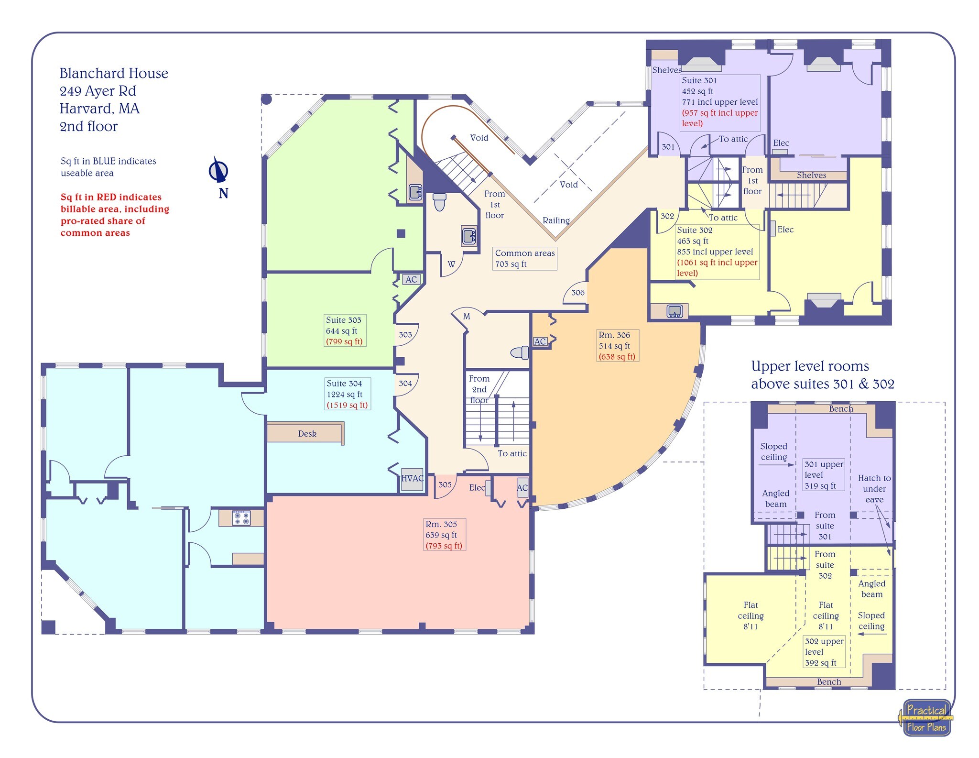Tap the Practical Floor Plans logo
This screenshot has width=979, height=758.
point(926,718)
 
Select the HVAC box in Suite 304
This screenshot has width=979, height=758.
point(412,479)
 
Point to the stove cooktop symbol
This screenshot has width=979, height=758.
point(241,518)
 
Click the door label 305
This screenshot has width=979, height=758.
point(445,484)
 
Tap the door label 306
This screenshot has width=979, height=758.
point(577,292)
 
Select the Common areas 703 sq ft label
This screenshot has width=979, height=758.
point(524,258)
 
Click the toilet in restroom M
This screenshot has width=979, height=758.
point(520,353)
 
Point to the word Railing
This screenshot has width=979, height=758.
point(556,220)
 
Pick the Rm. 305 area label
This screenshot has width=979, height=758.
point(444,535)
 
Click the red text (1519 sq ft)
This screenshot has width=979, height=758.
point(347,405)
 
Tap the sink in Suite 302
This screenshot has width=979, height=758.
point(674,311)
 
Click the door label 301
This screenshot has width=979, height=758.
point(668,147)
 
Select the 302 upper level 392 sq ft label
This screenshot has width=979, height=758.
point(824,651)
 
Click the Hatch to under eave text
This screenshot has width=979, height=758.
point(874,488)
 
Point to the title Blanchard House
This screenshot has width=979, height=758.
point(114,73)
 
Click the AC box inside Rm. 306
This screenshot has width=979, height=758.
point(540,341)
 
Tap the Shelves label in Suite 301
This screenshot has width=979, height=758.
point(666,70)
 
